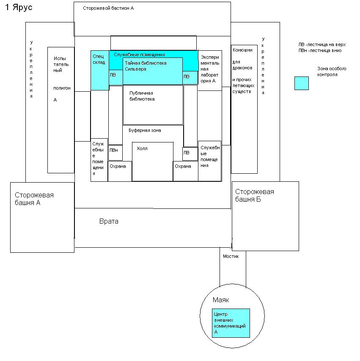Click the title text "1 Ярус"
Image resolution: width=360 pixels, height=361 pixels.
tap(18, 8)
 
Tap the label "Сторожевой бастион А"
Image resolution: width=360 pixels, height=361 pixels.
tap(108, 8)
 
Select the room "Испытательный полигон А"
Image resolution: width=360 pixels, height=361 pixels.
tap(61, 110)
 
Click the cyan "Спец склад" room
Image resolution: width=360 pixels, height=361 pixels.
tap(100, 70)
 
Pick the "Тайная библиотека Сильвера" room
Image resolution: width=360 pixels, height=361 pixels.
tap(152, 71)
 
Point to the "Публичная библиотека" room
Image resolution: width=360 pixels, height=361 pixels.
tap(153, 104)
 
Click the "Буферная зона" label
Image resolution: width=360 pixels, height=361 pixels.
tap(145, 131)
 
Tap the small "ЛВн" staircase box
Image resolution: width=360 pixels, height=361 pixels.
tap(115, 153)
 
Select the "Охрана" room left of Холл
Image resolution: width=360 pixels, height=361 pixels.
tap(119, 171)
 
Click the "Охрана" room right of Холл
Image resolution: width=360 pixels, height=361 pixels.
tap(185, 171)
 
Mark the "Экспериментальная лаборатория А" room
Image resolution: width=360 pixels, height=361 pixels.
tap(210, 70)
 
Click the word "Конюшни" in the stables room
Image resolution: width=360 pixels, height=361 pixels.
tap(242, 50)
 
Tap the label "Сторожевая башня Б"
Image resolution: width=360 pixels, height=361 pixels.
tap(255, 195)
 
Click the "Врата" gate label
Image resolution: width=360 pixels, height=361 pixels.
tap(109, 221)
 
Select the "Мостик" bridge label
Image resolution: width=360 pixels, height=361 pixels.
tap(231, 256)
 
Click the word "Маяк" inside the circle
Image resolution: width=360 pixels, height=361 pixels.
tap(220, 300)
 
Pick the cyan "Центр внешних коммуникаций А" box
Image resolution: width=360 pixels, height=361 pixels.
tap(231, 323)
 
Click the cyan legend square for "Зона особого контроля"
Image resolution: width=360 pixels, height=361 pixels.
tap(302, 83)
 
